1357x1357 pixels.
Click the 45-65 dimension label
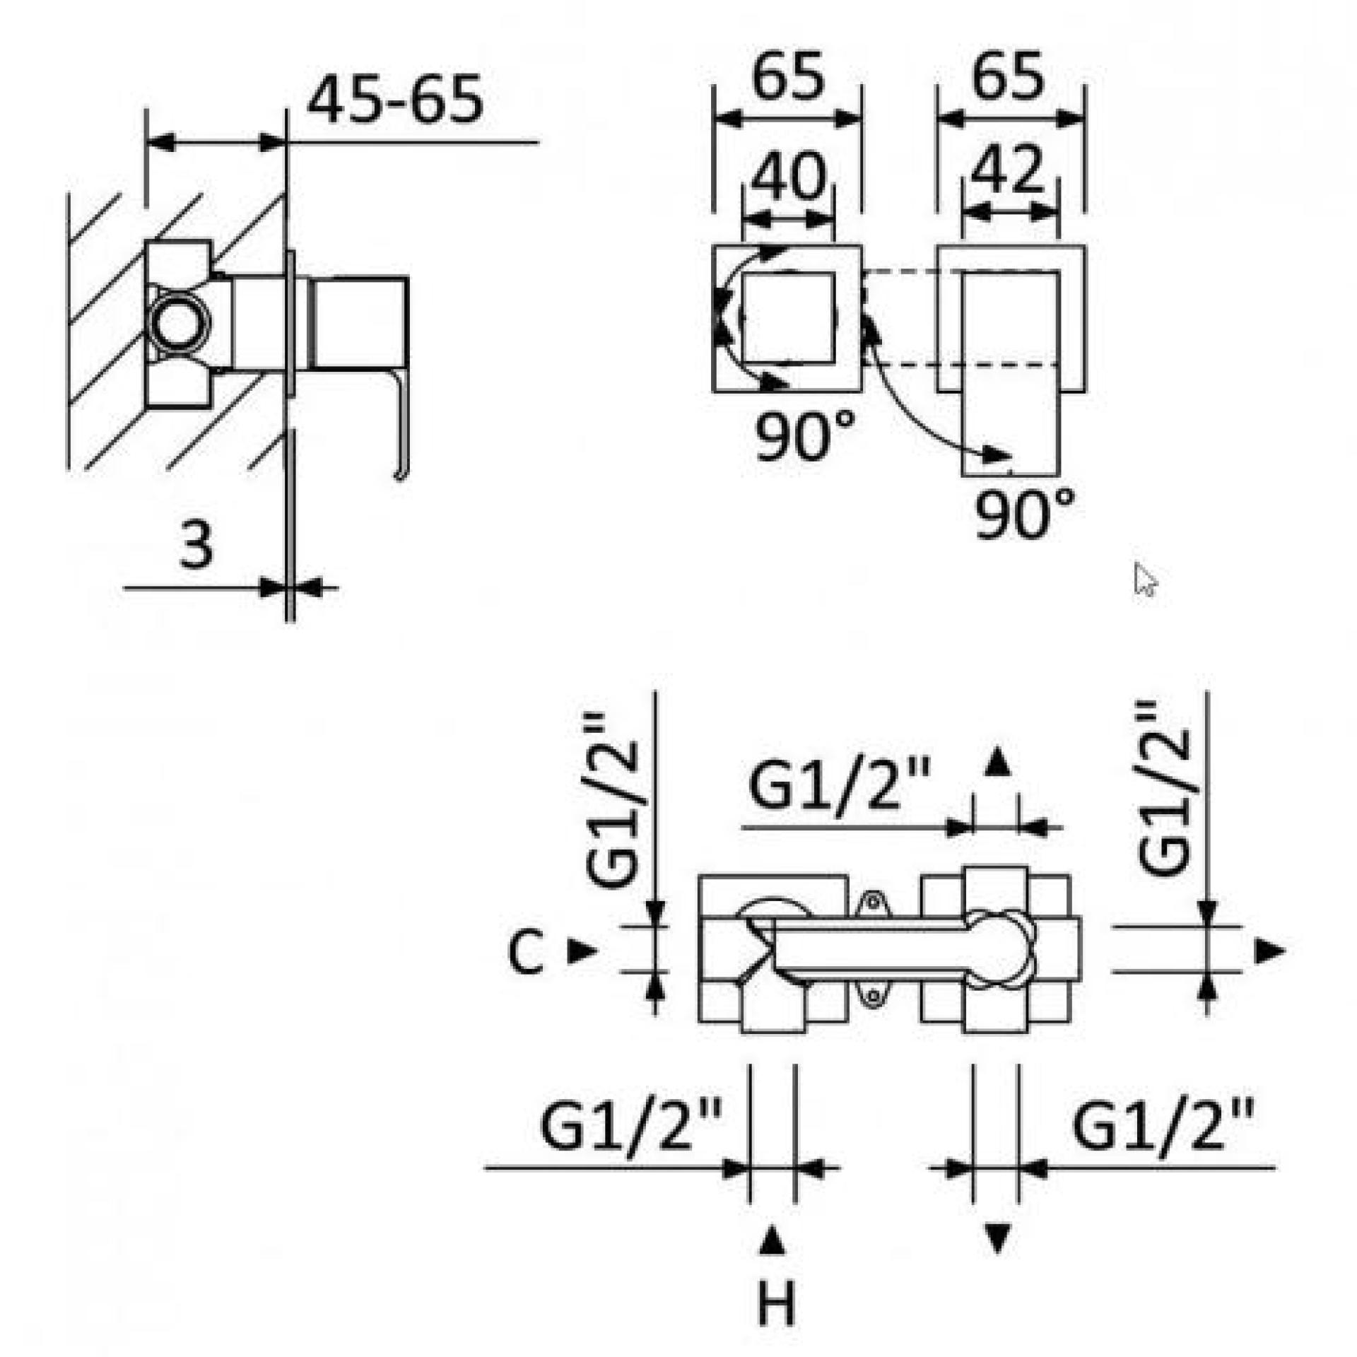coord(396,100)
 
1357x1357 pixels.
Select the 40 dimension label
coord(787,175)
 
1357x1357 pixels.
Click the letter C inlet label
coord(526,953)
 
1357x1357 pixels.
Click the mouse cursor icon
coord(1145,580)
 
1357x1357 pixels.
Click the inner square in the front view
coord(787,318)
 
